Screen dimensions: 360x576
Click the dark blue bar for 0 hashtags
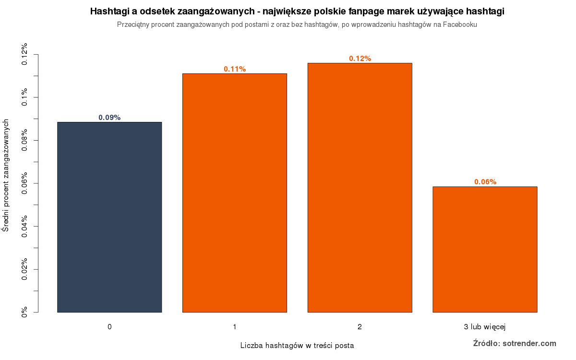coord(109,217)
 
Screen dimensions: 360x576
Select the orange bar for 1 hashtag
coord(235,193)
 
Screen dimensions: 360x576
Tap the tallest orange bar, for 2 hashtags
coord(360,188)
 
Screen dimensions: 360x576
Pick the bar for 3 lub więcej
coord(485,249)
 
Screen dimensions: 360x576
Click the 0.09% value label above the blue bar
coord(109,118)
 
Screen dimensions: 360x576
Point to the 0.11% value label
coord(235,69)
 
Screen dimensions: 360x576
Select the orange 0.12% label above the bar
coord(360,59)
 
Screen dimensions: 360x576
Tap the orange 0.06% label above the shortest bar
coord(485,182)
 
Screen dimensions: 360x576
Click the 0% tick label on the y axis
coord(24,312)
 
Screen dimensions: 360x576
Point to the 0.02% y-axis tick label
coord(24,270)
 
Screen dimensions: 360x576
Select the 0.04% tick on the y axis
coord(24,227)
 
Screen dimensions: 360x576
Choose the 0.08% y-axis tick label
coord(24,141)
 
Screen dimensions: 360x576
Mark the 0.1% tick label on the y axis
coord(24,97)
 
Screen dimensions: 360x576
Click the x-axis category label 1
coord(235,327)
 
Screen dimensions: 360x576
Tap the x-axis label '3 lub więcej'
coord(485,327)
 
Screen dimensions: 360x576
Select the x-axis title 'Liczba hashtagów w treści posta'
coord(297,345)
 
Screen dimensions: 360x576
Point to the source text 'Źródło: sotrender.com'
coord(515,343)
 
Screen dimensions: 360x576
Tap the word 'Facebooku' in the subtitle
coord(461,24)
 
